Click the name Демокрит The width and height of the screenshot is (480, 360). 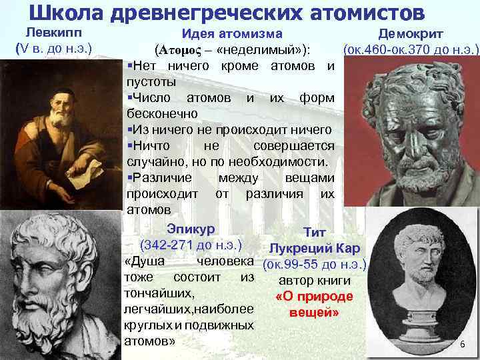click(411, 34)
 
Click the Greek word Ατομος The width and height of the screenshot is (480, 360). click(181, 51)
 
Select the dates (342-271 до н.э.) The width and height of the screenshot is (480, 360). click(189, 245)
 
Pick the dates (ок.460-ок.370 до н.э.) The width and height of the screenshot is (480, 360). click(410, 49)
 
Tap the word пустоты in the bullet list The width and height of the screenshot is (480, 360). click(151, 82)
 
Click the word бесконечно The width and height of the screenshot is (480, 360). click(158, 113)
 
